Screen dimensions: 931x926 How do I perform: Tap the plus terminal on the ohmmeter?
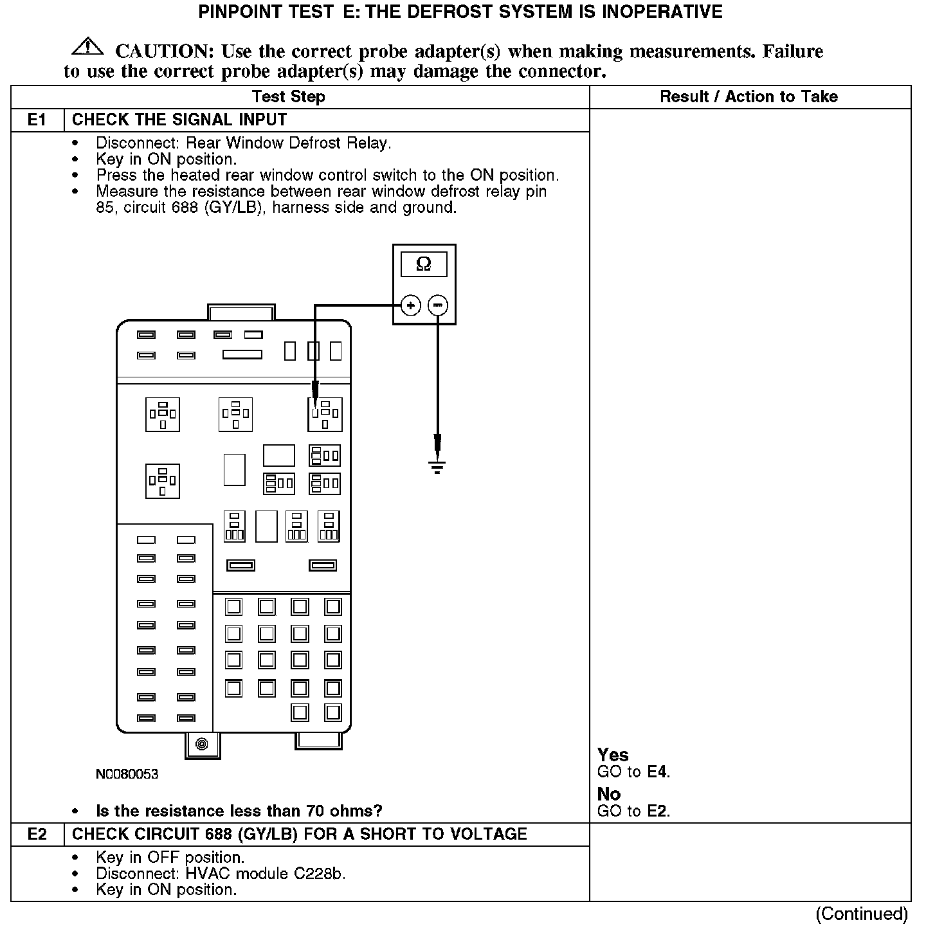411,305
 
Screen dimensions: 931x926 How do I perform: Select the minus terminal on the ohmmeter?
438,305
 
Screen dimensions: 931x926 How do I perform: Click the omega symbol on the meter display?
423,264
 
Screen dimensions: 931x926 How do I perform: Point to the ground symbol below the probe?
437,467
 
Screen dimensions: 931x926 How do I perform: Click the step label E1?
37,120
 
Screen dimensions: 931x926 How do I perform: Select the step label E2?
37,835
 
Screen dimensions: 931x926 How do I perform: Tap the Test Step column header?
288,97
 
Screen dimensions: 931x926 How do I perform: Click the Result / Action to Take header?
749,97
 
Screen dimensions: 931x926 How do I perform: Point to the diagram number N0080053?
127,774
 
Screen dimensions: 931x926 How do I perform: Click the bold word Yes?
613,754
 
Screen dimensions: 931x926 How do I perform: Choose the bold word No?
609,794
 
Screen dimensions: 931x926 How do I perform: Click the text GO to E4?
633,772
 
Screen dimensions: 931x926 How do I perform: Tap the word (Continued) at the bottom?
861,914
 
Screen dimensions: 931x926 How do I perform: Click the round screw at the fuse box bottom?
202,745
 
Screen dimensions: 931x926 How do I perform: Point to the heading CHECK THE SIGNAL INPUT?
179,120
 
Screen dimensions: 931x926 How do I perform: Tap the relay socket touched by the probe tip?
325,414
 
